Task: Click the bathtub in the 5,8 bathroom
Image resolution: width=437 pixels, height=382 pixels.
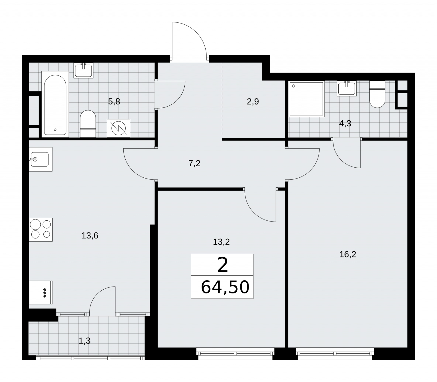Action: click(55, 105)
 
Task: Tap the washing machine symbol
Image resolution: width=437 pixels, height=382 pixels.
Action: click(119, 128)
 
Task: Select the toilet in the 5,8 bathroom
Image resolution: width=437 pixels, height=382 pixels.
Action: click(88, 124)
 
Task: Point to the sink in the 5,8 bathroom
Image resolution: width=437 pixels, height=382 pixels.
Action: click(84, 70)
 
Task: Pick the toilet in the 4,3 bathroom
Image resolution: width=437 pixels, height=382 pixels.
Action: click(377, 94)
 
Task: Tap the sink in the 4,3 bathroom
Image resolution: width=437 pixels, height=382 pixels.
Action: click(347, 88)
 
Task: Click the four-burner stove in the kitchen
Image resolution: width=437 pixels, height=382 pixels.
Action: click(41, 230)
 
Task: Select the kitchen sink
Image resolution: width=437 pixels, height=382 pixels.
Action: click(41, 159)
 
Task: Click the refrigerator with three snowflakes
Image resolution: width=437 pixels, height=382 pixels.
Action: click(41, 292)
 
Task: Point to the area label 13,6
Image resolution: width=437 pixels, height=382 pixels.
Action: click(90, 235)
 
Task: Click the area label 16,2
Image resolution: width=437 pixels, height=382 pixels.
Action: click(348, 255)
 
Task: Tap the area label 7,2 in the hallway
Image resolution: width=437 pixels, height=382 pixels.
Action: click(194, 164)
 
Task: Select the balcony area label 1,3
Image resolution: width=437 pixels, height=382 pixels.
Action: click(84, 341)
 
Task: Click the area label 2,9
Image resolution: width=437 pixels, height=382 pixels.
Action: click(253, 102)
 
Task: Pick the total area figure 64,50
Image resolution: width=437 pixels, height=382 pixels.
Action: click(225, 287)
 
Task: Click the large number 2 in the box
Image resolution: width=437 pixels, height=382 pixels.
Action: click(222, 265)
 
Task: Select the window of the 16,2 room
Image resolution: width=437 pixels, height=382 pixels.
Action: click(335, 353)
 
